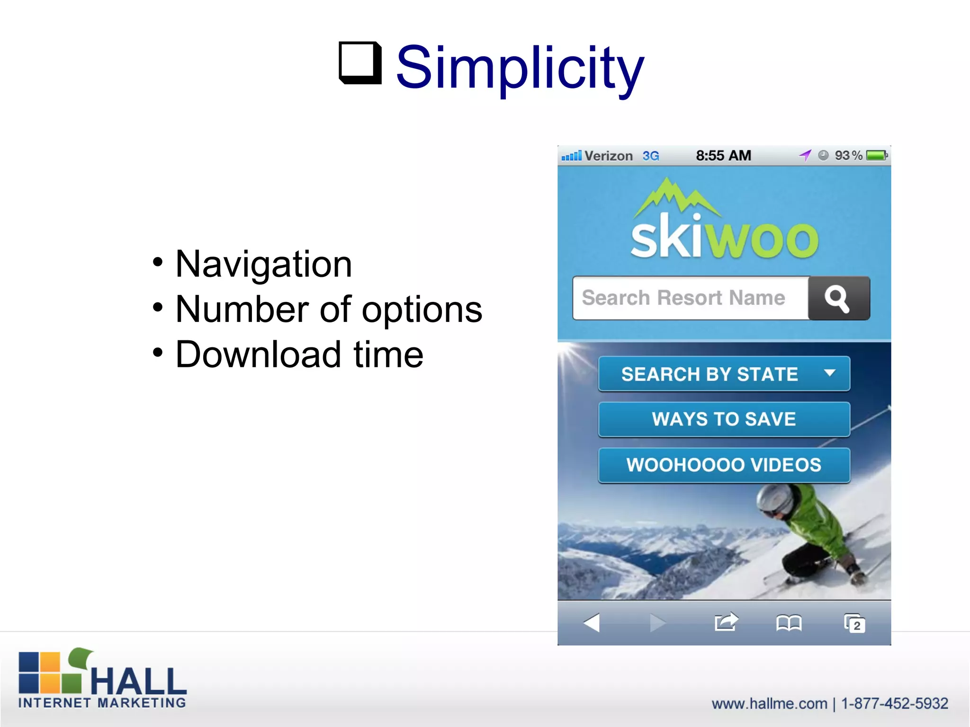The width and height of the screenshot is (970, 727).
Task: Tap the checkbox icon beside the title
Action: tap(360, 63)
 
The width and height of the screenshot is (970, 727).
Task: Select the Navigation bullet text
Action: tap(263, 264)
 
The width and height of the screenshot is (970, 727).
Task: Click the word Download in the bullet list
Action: tap(258, 355)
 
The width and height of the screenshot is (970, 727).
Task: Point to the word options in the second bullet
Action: tap(422, 310)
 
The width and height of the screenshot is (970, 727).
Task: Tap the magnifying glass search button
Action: tap(838, 298)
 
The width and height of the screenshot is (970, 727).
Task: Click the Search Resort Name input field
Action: tap(689, 298)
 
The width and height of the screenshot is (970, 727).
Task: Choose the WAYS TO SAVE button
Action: tap(724, 419)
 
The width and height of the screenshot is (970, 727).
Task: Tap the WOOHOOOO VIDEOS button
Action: tap(724, 465)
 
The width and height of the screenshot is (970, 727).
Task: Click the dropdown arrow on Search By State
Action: tap(829, 373)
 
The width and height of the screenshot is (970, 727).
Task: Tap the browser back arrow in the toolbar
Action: tap(592, 622)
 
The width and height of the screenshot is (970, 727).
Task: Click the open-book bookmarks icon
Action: tap(789, 623)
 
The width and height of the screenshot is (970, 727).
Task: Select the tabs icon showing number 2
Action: tap(854, 623)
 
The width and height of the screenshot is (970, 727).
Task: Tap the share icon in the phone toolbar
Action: tap(726, 622)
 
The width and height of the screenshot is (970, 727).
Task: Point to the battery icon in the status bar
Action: tap(876, 155)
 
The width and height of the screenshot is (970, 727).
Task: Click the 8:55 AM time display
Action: tap(723, 155)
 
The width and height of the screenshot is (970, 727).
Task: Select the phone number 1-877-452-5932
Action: tap(895, 703)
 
